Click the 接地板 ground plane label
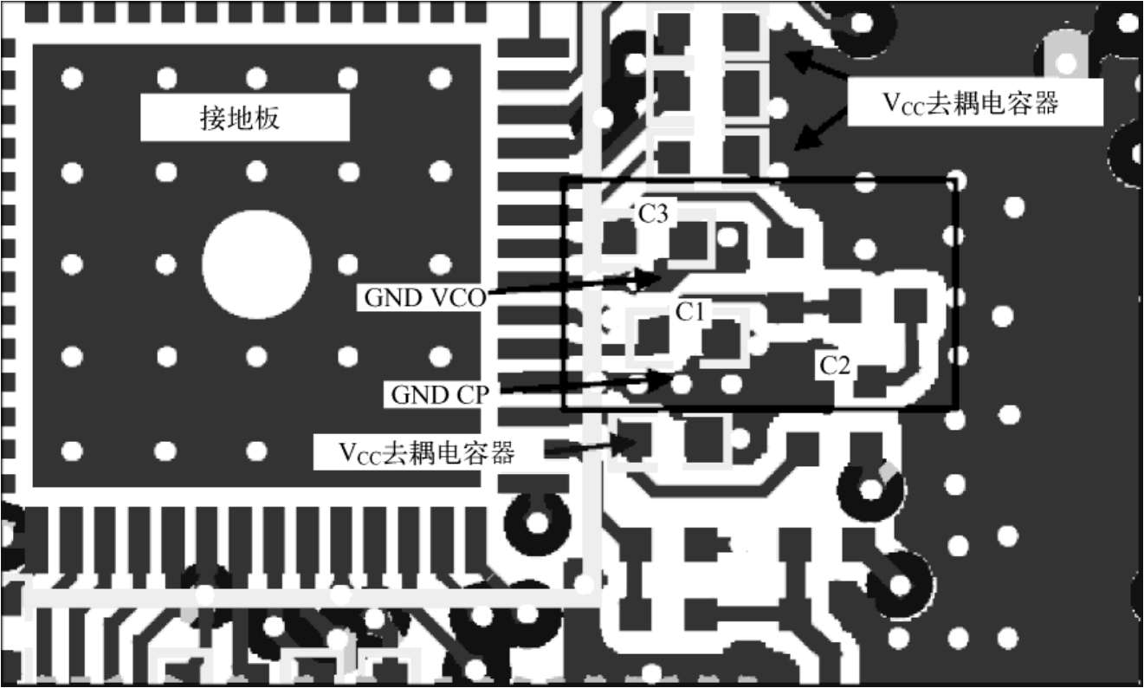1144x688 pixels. (x=240, y=118)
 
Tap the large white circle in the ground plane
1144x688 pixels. (x=256, y=264)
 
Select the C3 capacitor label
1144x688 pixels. (x=653, y=213)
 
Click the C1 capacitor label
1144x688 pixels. (x=690, y=311)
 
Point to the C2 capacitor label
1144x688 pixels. (x=835, y=366)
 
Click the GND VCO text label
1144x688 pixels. (x=425, y=297)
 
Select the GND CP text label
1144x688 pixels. (x=440, y=394)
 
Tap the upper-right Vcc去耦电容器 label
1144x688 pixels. (x=971, y=103)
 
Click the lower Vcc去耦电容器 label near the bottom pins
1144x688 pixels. (x=427, y=452)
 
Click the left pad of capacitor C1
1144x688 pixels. (x=651, y=335)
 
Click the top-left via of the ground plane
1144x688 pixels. (x=72, y=78)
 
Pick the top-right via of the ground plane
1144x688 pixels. (x=440, y=78)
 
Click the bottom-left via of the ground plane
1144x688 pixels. (x=72, y=451)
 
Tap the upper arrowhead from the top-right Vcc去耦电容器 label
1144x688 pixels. (x=797, y=59)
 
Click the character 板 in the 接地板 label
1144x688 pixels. (x=267, y=118)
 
